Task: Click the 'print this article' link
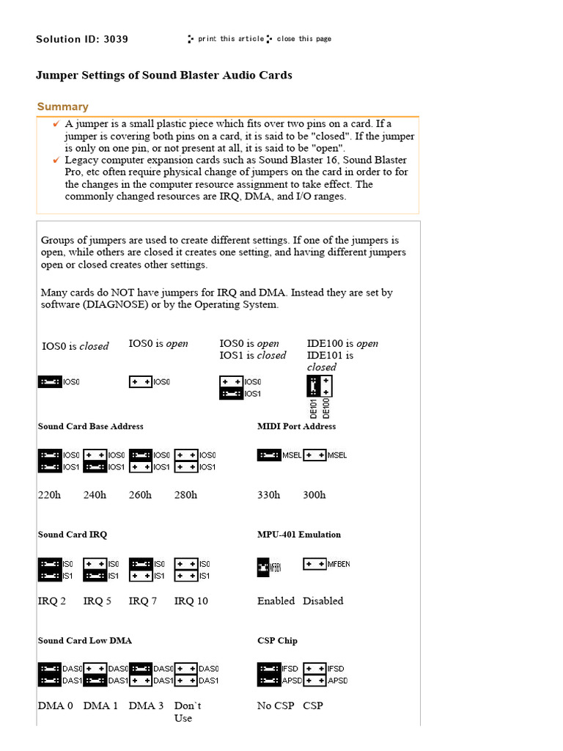pos(230,39)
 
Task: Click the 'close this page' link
pos(303,39)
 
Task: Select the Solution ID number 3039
pos(115,39)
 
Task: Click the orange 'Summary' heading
pos(63,106)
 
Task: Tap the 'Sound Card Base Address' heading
pos(90,426)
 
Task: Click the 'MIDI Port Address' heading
pos(296,426)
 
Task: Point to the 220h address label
pos(49,495)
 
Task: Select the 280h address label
pos(185,495)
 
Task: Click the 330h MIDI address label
pos(268,495)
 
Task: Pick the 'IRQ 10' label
pos(191,601)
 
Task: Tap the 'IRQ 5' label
pos(97,601)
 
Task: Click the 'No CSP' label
pos(275,706)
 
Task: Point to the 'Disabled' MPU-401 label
pos(323,601)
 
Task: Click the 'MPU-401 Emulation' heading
pos(298,535)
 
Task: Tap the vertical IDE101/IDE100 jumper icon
pos(319,386)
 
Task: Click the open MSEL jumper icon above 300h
pos(314,455)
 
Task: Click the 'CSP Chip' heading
pos(277,640)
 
